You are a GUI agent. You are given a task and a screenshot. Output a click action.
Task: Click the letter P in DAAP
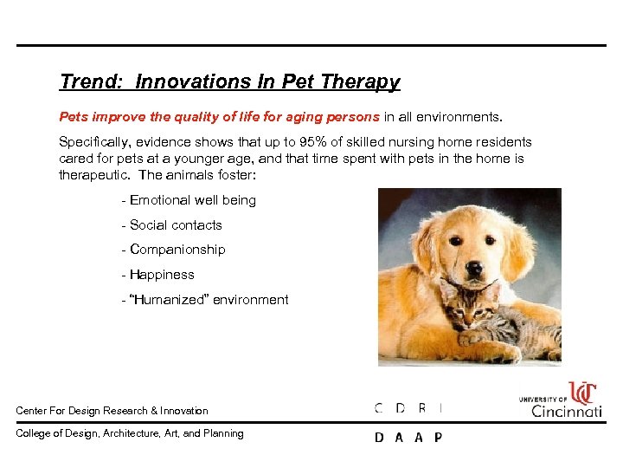[x=438, y=438]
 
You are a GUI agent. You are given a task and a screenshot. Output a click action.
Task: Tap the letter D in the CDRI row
[x=400, y=408]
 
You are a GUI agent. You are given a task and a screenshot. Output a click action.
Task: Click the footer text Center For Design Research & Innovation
[x=112, y=411]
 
